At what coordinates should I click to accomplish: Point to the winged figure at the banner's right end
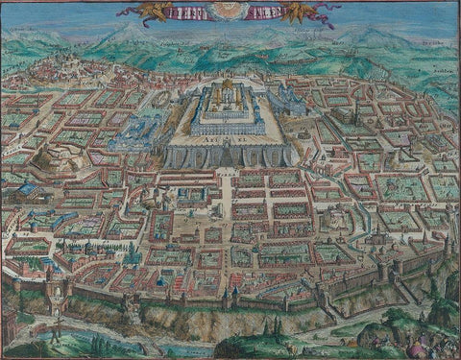coord(321,12)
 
